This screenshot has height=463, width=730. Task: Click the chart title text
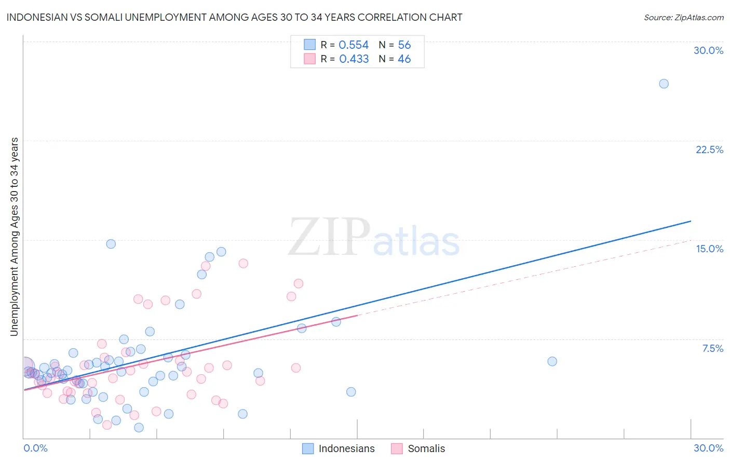point(234,17)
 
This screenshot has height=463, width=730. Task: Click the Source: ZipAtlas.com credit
point(683,17)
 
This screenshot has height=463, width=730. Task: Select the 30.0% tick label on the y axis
point(708,50)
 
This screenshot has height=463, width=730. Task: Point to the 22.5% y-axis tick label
point(709,149)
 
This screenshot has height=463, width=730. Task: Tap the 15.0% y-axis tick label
point(709,249)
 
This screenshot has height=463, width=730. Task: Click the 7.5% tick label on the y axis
point(712,348)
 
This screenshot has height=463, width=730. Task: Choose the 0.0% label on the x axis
point(35,448)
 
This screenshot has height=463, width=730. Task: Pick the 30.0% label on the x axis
point(708,448)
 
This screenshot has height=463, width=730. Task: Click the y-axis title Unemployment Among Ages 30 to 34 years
point(15,237)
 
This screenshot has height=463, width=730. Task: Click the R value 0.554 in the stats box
point(354,45)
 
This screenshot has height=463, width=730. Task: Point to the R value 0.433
point(354,59)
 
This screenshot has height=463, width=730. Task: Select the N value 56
point(404,45)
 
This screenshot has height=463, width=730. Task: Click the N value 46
point(404,59)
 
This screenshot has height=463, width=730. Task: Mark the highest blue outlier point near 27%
point(664,84)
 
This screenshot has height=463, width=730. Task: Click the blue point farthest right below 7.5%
point(552,361)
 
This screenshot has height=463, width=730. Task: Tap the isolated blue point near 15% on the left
point(111,244)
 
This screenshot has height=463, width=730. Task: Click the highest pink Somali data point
point(243,263)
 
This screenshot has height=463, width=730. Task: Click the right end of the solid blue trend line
point(691,221)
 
